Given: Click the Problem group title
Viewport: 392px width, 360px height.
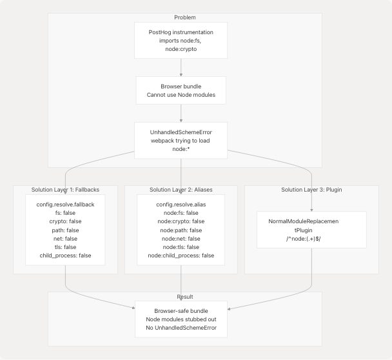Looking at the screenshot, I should pos(185,17).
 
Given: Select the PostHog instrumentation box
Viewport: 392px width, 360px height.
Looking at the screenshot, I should pos(181,40).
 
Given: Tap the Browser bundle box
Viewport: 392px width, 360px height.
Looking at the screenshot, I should pos(181,91).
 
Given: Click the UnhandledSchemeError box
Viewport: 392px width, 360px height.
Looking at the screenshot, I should pos(181,140).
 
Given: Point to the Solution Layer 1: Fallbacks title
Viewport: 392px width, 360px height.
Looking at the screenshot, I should pos(65,190).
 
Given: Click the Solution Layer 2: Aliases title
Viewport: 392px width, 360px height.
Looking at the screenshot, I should pos(181,190).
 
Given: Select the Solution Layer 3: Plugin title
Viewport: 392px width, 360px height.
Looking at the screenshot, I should pos(311,190).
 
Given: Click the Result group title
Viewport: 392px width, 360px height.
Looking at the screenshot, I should pos(185,297).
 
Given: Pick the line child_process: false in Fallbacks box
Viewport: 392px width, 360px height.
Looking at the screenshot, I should pos(65,255).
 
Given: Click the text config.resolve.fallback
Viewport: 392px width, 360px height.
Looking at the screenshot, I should pos(65,205).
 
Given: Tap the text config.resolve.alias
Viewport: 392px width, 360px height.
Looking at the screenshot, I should pos(181,205).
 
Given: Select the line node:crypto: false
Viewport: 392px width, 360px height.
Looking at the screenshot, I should pos(181,221).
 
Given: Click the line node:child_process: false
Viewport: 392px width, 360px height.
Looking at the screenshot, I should pos(181,255).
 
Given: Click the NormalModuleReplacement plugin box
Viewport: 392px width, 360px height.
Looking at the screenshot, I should pos(311,230).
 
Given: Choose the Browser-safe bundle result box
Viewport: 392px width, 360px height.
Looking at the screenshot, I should pos(181,319).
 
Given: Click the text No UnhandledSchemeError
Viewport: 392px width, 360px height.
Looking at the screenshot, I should pos(181,328).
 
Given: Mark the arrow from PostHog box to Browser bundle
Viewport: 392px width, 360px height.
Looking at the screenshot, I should pos(181,67).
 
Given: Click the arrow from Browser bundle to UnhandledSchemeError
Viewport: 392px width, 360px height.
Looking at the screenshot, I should pos(181,114).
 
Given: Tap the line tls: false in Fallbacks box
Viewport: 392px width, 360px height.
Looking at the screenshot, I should pos(65,247).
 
